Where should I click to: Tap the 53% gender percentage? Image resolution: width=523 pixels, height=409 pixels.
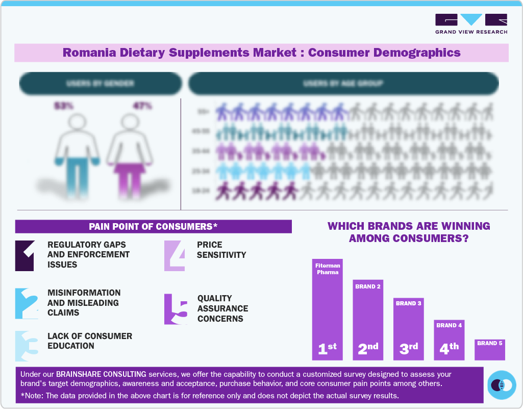click(64, 106)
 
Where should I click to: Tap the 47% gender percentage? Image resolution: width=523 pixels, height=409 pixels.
click(142, 106)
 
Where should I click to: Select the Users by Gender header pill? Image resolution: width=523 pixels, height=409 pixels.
click(100, 83)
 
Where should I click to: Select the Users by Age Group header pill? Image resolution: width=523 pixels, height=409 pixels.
click(343, 83)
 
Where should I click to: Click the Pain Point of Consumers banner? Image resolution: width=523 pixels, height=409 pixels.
click(153, 227)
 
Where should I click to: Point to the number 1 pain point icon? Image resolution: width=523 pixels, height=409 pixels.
click(24, 255)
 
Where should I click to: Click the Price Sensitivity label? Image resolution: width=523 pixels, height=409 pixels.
click(221, 250)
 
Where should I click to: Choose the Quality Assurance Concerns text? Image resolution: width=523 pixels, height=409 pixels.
click(223, 308)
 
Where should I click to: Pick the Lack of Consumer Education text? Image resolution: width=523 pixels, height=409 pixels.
click(90, 341)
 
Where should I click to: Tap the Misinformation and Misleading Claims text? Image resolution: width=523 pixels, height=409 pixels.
click(84, 302)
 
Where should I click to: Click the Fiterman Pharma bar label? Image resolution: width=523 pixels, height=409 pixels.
click(327, 269)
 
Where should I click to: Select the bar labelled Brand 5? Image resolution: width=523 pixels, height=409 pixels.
click(490, 349)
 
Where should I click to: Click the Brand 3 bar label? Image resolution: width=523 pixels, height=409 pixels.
click(408, 303)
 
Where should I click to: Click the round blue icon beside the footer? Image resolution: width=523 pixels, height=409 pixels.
click(502, 384)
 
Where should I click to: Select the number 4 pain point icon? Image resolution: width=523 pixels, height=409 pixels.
click(175, 255)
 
